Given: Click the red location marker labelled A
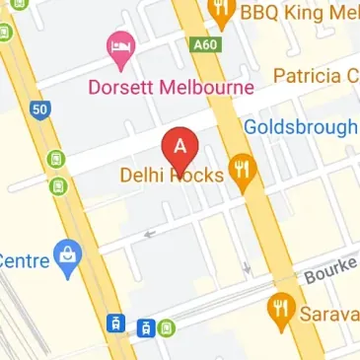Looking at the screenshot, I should [x=180, y=149].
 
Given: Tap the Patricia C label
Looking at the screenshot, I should [x=316, y=76].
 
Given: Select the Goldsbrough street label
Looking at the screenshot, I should [x=300, y=127].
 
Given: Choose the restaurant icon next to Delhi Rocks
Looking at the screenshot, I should [x=240, y=171].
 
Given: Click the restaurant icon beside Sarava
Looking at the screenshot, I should [x=281, y=310].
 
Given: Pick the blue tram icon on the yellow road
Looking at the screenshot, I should [x=116, y=324].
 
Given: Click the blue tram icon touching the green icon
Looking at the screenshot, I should [x=147, y=327].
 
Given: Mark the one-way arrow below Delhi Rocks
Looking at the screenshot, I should [x=150, y=234].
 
